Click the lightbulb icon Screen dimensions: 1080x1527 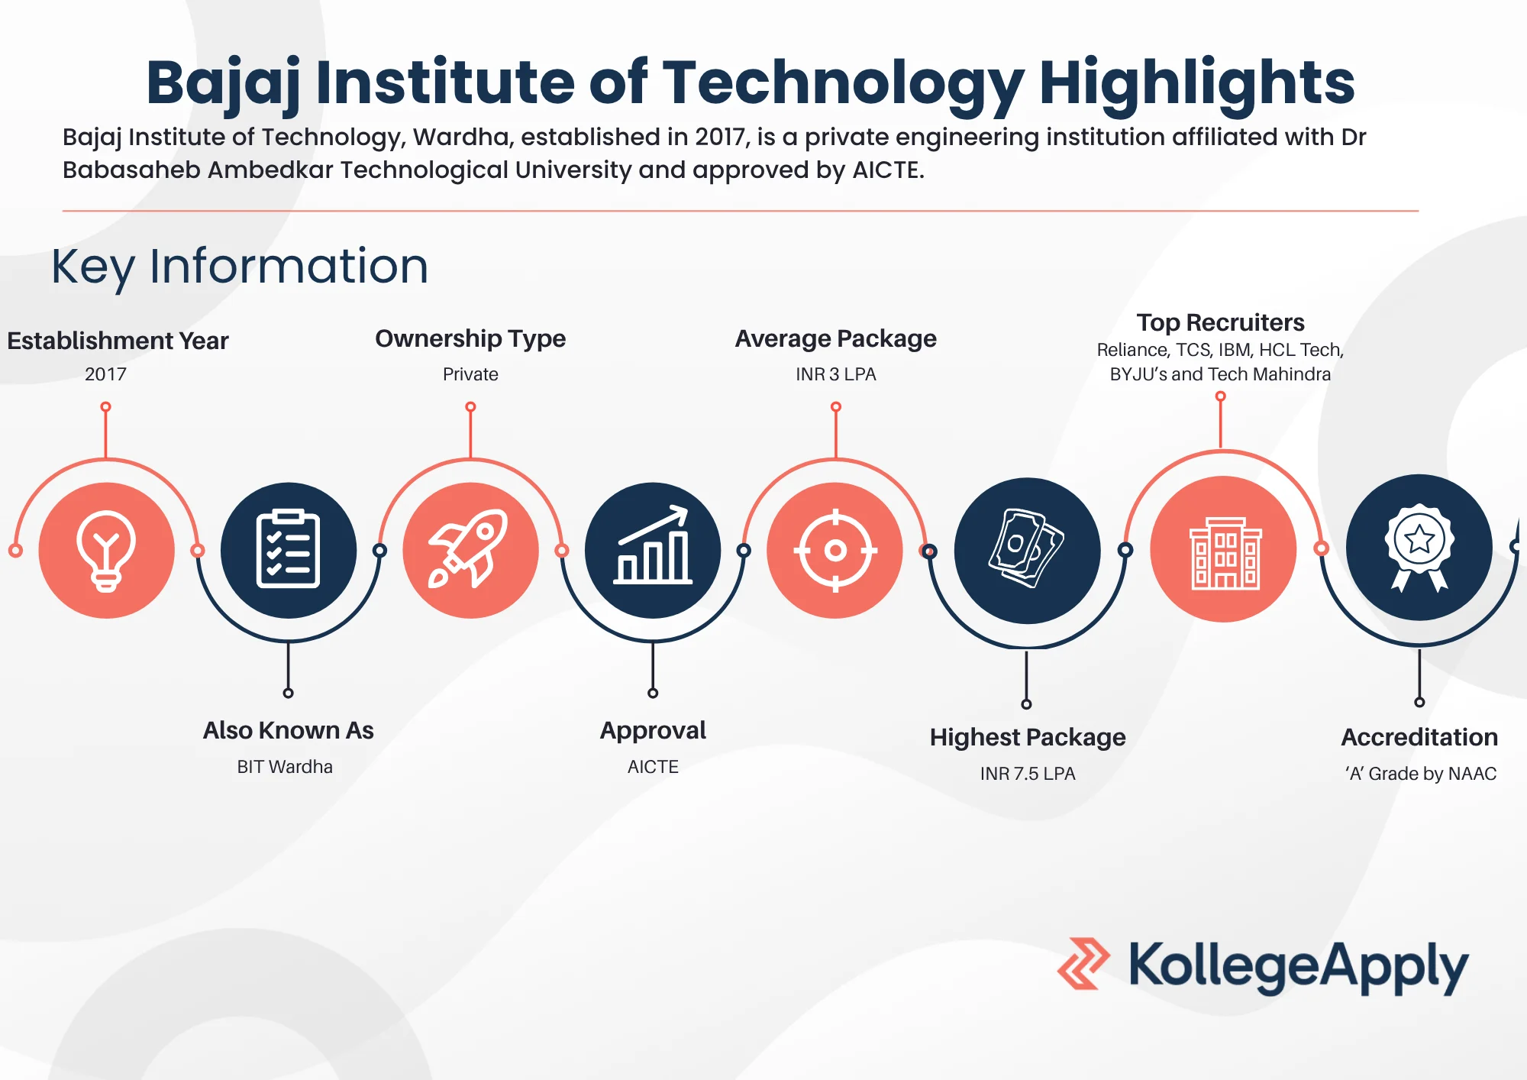(106, 550)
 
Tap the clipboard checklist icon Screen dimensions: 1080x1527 (288, 550)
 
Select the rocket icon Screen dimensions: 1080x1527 (470, 550)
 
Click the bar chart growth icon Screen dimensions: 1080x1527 (653, 550)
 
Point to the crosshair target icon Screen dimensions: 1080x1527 (835, 550)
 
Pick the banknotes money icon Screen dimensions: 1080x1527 (1027, 550)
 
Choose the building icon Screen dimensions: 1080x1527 (1224, 550)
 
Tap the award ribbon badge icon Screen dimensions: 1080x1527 (1419, 547)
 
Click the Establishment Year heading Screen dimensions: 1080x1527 (118, 341)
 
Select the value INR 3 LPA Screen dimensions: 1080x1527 (835, 374)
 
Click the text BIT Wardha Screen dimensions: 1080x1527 (285, 767)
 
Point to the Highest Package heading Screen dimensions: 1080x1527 (1028, 737)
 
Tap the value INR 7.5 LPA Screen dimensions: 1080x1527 (1028, 774)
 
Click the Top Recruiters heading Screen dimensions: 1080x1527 (1220, 322)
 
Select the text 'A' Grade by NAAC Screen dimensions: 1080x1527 (1420, 774)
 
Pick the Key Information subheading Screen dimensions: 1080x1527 (240, 267)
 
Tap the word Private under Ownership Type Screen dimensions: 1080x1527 (470, 374)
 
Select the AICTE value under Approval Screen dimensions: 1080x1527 (653, 767)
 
